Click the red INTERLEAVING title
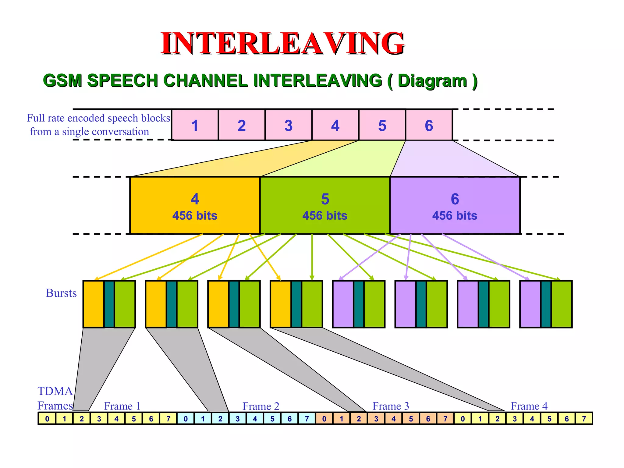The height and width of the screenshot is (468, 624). coord(283,43)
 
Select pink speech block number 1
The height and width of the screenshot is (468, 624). coord(195,125)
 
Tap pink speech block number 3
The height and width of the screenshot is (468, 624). coord(288,125)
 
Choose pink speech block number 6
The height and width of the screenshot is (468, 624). coord(429,125)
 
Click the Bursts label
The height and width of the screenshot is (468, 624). coord(61,293)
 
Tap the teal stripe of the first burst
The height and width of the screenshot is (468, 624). coord(109,304)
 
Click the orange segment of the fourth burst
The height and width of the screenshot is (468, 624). coord(281,304)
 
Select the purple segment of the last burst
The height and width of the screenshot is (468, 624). coord(530,304)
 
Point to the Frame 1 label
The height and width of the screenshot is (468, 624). coord(122,406)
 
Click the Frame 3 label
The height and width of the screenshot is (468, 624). coord(391,406)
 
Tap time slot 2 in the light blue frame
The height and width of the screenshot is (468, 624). coord(220,419)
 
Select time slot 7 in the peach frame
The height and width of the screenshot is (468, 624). coord(445,419)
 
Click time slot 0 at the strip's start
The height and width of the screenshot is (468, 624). coord(47,419)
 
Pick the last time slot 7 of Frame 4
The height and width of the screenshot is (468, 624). coord(584,419)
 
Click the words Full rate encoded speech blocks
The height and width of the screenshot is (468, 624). coord(98,118)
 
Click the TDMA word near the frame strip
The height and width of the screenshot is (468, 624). coord(55,391)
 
